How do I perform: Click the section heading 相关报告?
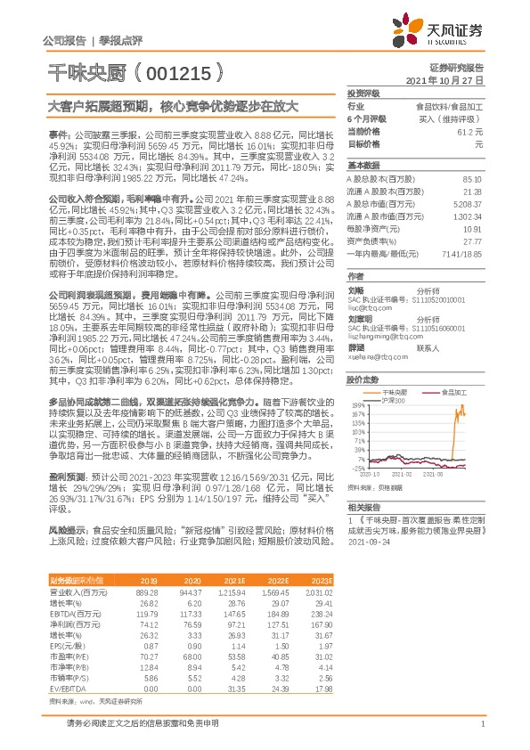[363, 506]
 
